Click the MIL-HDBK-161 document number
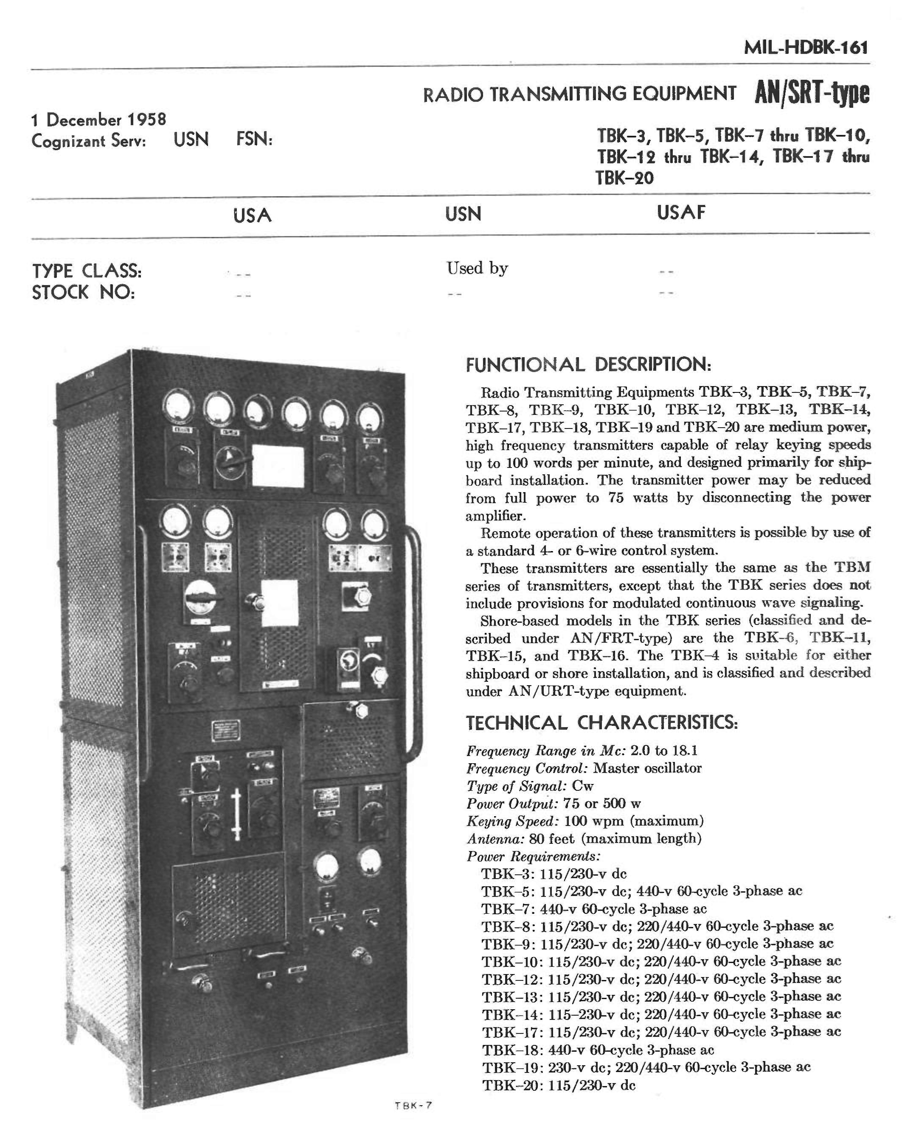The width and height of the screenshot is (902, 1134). point(805,48)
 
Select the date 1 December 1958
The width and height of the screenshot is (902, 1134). point(99,120)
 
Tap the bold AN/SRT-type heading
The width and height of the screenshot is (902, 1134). point(812,94)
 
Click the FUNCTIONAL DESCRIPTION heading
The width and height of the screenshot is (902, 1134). point(588,364)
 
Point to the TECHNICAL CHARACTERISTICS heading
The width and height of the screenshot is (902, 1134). point(601,722)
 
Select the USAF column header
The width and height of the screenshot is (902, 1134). point(680,213)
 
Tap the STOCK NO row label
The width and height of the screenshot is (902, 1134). point(83,292)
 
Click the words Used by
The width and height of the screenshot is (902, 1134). point(477,268)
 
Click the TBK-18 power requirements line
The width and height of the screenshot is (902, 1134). point(598,1050)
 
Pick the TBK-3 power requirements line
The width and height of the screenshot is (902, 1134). point(554,874)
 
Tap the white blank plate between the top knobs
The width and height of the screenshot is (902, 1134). point(278,465)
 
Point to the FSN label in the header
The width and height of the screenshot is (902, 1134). point(254,140)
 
